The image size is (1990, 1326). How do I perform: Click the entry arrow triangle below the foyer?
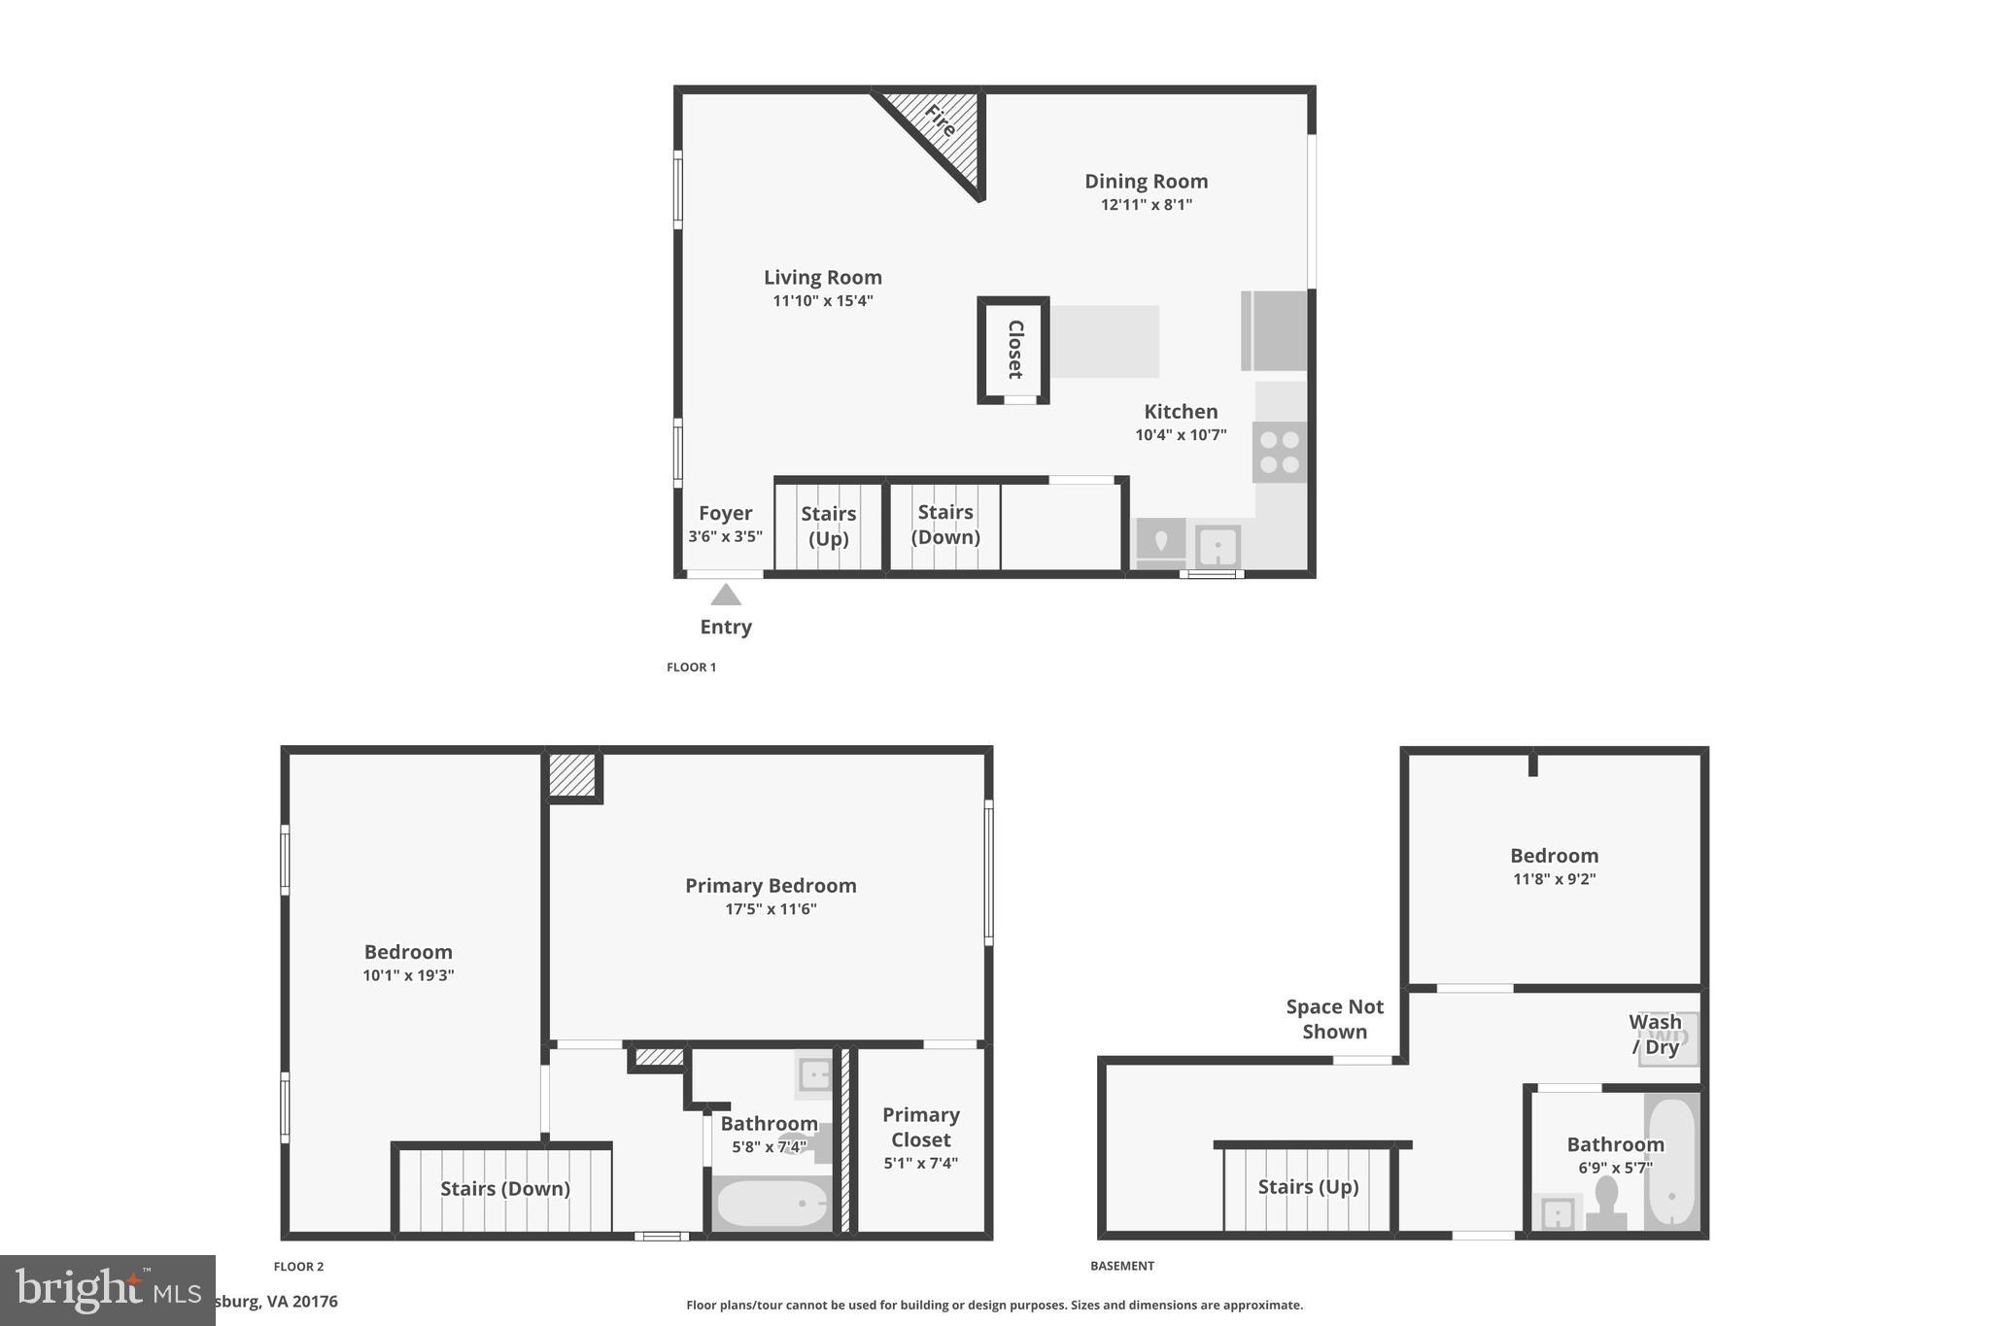726,595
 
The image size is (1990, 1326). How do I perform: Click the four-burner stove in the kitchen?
1280,452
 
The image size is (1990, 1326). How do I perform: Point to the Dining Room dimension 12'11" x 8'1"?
1146,205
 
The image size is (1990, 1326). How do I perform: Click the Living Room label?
822,278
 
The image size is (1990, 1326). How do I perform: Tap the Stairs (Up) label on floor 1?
828,526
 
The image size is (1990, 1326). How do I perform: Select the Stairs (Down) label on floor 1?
944,525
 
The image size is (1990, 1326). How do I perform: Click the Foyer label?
725,513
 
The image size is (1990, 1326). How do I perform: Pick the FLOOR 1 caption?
691,667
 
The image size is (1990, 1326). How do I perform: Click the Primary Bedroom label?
771,886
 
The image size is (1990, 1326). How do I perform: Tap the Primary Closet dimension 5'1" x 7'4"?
920,1163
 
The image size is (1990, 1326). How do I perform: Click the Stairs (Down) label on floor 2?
505,1188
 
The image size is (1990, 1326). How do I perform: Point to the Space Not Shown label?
1334,1019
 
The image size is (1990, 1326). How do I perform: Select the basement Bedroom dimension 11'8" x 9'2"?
1554,879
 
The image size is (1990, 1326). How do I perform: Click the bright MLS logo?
107,1290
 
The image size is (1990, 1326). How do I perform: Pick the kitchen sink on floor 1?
1218,546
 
